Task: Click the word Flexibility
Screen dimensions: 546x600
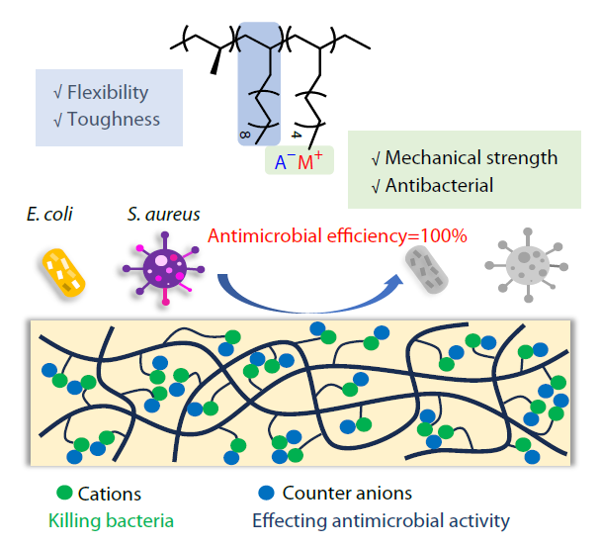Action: pyautogui.click(x=108, y=93)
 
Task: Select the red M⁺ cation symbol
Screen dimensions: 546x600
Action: pyautogui.click(x=310, y=162)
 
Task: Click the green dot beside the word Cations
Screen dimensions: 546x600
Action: pyautogui.click(x=65, y=493)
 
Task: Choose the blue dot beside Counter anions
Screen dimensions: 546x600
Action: pyautogui.click(x=263, y=493)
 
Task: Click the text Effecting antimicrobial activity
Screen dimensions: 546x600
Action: pyautogui.click(x=382, y=519)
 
